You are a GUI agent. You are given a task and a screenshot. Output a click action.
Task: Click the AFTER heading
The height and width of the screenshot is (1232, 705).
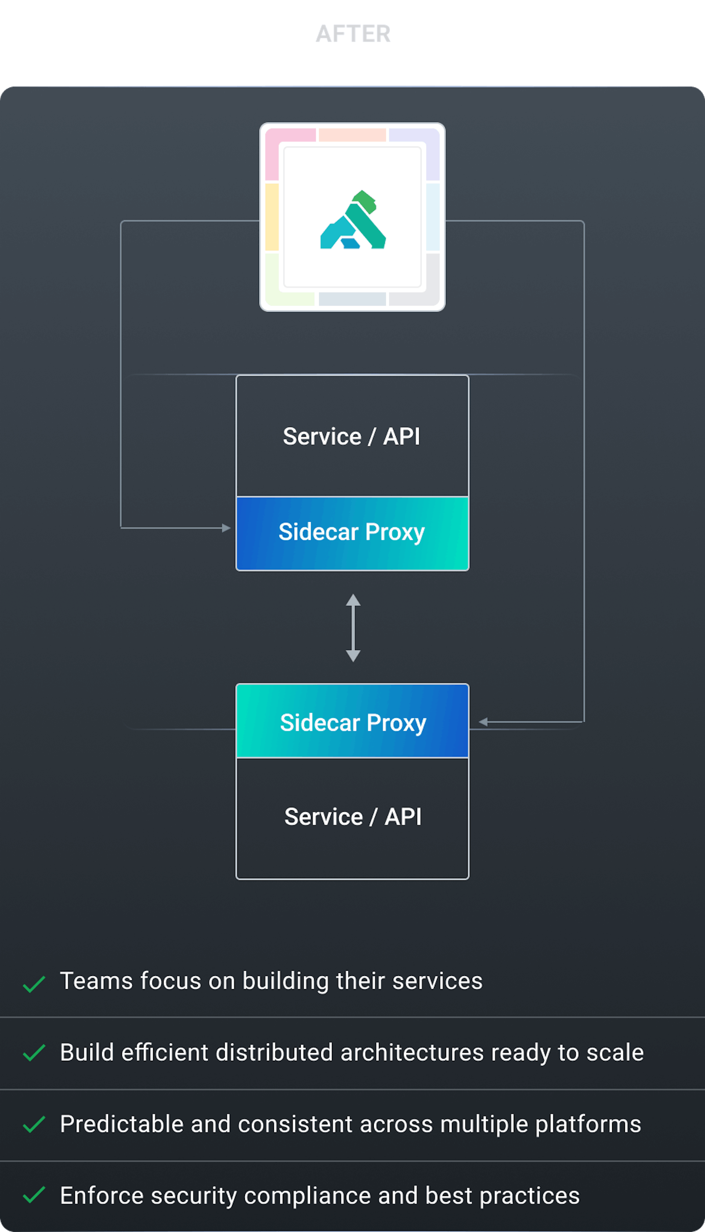(353, 34)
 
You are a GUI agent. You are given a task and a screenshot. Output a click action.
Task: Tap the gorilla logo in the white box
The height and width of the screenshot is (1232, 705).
(353, 220)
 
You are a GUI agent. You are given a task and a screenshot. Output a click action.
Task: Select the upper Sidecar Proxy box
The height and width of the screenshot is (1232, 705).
(352, 533)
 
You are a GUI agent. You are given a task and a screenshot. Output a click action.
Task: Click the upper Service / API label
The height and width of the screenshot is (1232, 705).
(351, 437)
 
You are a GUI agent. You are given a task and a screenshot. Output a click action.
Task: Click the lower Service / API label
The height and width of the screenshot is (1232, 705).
(352, 817)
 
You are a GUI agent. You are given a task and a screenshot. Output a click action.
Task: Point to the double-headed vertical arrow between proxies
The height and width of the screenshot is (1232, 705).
(353, 628)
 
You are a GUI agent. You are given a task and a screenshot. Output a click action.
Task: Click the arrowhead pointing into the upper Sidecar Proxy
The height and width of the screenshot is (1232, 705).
(226, 528)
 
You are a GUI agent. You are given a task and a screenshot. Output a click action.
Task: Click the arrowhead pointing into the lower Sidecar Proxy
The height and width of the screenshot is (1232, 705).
(483, 722)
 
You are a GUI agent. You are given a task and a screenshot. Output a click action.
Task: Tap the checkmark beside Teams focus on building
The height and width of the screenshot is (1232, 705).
(34, 984)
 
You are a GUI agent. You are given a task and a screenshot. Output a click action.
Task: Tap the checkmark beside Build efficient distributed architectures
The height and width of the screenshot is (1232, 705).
(34, 1053)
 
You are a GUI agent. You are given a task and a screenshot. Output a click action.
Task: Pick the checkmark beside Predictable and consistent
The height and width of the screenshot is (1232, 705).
(34, 1124)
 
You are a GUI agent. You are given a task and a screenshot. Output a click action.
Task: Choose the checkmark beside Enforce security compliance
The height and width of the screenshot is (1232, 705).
(34, 1196)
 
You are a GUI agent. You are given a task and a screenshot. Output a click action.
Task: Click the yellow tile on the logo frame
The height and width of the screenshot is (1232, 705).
(272, 217)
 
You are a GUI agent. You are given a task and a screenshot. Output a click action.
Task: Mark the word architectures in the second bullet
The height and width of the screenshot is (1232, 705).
(412, 1052)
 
